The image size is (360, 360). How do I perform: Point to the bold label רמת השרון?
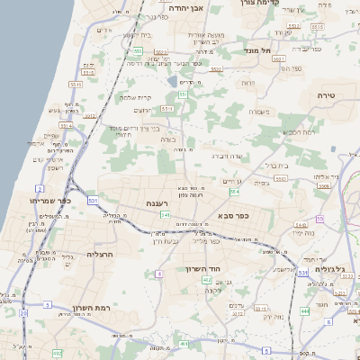(x=89, y=308)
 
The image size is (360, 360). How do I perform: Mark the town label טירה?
(x=325, y=94)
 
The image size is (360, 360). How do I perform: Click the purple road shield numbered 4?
(x=159, y=274)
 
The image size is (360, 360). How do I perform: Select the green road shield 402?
(x=184, y=344)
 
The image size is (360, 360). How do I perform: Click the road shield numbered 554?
(x=235, y=191)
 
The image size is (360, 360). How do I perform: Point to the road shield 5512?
(x=76, y=85)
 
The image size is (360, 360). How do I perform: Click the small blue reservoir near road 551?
(x=172, y=82)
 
